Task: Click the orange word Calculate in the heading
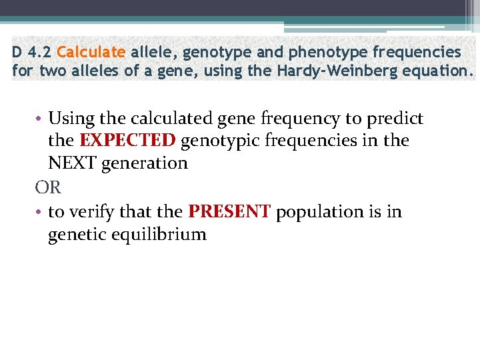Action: pyautogui.click(x=91, y=52)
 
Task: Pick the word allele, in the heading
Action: pyautogui.click(x=153, y=52)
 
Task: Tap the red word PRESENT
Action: pyautogui.click(x=229, y=212)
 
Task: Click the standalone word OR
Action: pyautogui.click(x=48, y=188)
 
